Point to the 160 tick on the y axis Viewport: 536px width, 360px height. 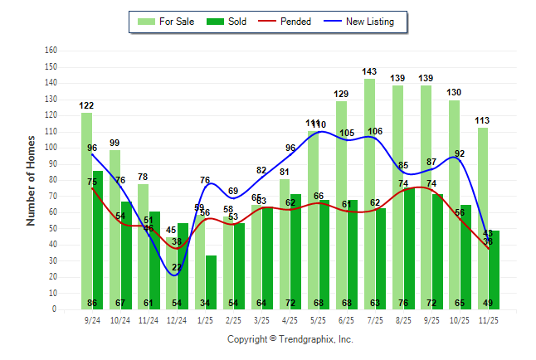(51, 51)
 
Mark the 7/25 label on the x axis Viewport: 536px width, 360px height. (374, 319)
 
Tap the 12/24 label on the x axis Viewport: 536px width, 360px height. (177, 319)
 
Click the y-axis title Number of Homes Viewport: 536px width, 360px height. (31, 180)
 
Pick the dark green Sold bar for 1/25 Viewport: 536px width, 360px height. (211, 282)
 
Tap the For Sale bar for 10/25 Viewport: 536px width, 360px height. (454, 207)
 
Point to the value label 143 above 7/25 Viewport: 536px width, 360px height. (369, 72)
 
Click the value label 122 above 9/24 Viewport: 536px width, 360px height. (86, 106)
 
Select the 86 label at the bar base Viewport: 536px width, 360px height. (92, 303)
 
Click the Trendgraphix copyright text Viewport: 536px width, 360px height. (290, 339)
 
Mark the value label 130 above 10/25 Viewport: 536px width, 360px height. (454, 93)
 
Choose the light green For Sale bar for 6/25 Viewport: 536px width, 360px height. (341, 207)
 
